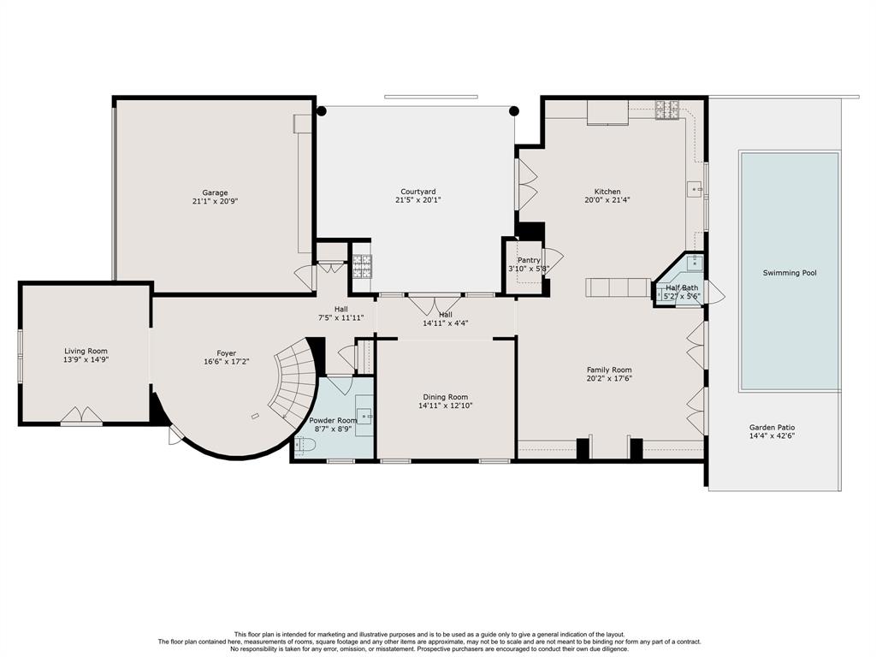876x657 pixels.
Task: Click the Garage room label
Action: click(x=215, y=192)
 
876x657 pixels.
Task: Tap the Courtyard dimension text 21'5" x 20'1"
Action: click(x=418, y=200)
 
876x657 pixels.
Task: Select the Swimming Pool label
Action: click(x=790, y=273)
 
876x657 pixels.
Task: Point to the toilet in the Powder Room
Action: click(x=305, y=445)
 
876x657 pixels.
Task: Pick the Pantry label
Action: click(x=529, y=260)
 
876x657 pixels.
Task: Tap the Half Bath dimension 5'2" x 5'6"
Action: click(x=682, y=296)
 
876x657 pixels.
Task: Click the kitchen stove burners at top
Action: click(x=667, y=110)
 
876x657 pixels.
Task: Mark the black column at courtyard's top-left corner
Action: click(x=322, y=110)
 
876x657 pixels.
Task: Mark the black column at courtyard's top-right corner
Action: click(x=514, y=110)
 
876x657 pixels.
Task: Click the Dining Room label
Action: click(x=445, y=397)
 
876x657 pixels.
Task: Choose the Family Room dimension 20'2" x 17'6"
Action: click(x=609, y=378)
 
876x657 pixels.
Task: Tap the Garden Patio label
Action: click(x=772, y=428)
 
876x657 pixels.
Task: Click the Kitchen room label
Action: click(x=607, y=192)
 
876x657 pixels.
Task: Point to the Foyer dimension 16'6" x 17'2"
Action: click(x=226, y=362)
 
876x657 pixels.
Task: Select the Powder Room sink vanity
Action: click(x=364, y=417)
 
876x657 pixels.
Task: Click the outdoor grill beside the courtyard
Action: click(x=362, y=267)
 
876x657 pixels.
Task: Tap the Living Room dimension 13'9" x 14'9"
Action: click(x=86, y=360)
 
